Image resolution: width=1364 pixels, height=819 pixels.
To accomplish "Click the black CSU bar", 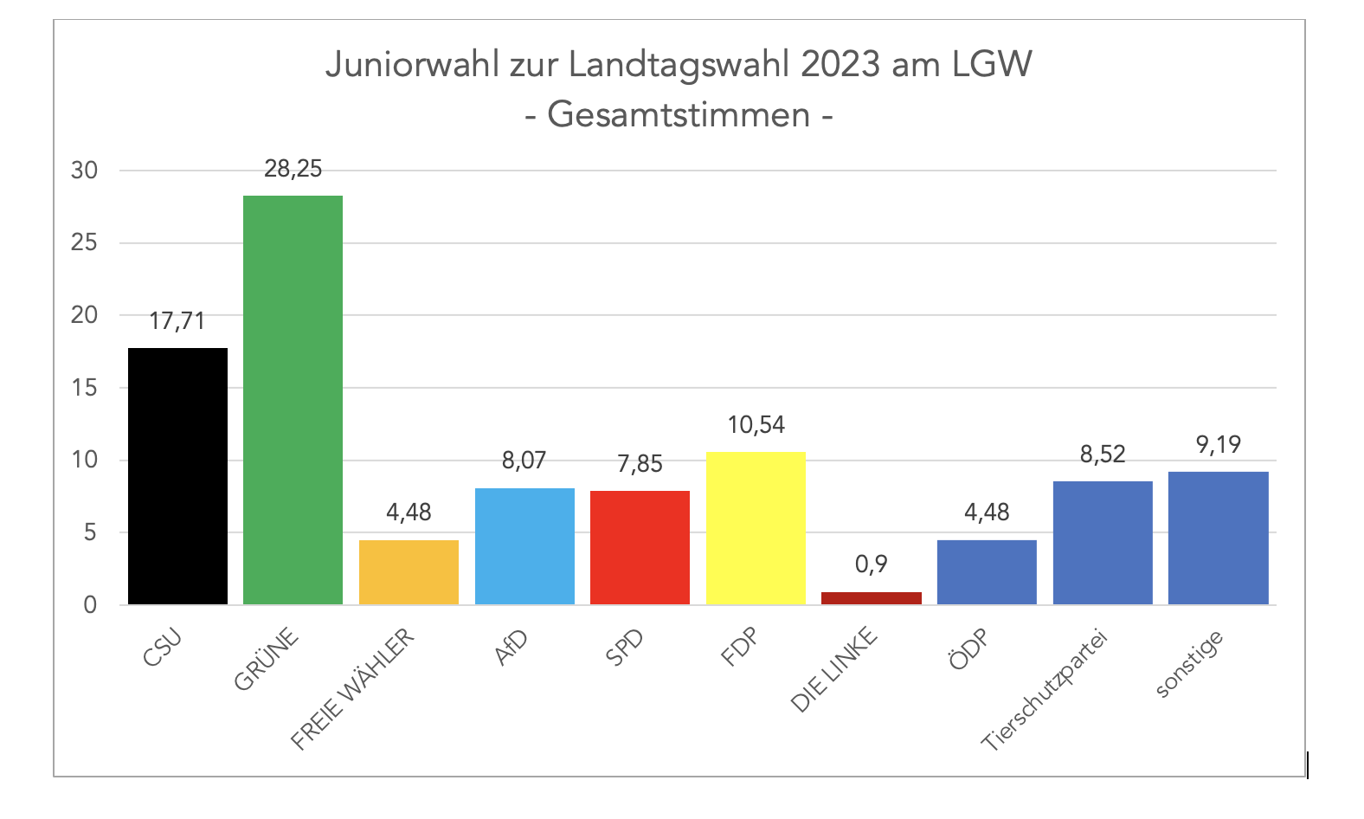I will (x=177, y=475).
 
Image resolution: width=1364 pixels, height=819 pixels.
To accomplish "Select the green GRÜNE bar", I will (x=293, y=399).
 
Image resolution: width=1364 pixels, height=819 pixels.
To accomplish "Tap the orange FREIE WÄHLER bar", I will (x=409, y=571).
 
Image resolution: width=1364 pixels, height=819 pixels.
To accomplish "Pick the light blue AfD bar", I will (x=524, y=545).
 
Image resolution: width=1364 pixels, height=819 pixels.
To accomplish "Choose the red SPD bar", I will (x=640, y=547).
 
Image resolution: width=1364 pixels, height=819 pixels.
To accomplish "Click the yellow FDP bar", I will (x=756, y=527).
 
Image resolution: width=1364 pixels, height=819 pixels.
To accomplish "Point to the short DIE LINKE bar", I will (x=871, y=597).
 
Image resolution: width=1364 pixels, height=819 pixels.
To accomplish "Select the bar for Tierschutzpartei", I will (x=1103, y=542).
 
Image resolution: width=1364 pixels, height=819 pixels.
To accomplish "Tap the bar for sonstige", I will (x=1218, y=538).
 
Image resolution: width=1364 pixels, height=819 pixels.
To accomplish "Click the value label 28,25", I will (x=293, y=169).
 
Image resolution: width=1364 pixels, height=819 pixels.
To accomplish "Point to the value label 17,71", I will (x=177, y=321).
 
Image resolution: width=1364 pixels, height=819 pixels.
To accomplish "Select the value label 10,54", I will (x=756, y=424).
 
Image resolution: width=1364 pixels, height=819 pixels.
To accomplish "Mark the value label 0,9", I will (x=871, y=564).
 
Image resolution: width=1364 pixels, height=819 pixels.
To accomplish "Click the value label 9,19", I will (x=1218, y=445).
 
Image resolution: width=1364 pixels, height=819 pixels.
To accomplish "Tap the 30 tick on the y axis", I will (x=85, y=171).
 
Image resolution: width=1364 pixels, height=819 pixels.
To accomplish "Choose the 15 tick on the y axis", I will (x=85, y=388).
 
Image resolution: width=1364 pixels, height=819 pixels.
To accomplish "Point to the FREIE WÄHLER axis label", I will (x=353, y=689).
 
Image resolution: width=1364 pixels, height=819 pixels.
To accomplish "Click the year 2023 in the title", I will (x=840, y=65).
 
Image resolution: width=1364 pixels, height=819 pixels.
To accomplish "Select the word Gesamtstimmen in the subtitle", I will (x=679, y=114).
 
